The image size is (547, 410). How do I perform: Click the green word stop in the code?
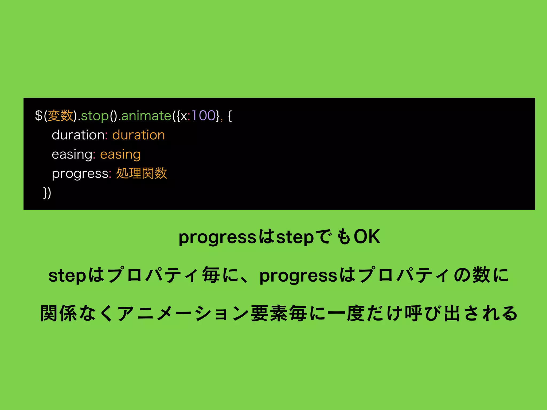(x=95, y=116)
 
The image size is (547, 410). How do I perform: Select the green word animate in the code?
(x=146, y=116)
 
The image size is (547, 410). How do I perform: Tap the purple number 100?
(x=204, y=116)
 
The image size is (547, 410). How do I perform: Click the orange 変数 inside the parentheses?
(x=60, y=116)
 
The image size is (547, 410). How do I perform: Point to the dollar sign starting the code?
(x=39, y=116)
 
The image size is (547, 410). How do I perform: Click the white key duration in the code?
(x=78, y=135)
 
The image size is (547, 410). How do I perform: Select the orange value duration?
(x=138, y=135)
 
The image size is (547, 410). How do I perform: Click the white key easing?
(x=72, y=155)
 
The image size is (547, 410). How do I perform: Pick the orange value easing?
(x=120, y=155)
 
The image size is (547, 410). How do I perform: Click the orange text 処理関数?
(x=142, y=174)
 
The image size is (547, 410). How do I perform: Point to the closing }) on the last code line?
(x=47, y=193)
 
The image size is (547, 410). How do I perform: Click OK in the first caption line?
(x=367, y=237)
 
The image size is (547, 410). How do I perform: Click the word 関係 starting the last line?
(x=59, y=314)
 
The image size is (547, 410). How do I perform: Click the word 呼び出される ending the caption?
(x=461, y=314)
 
